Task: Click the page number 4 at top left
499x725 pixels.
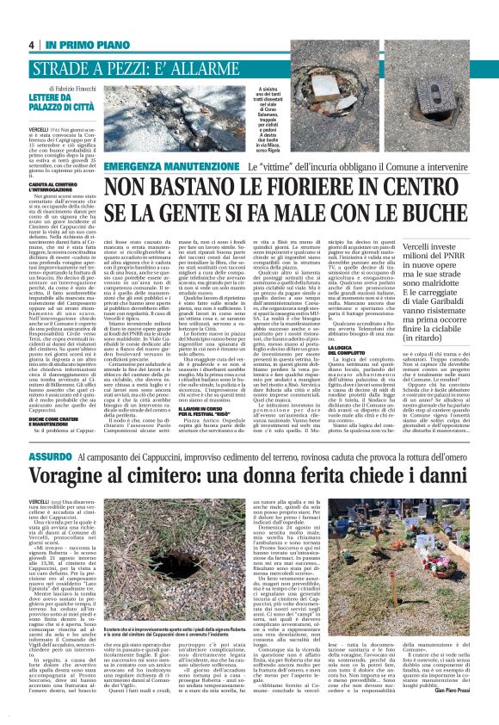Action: [31, 45]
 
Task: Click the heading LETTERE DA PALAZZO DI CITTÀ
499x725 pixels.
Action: [54, 106]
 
